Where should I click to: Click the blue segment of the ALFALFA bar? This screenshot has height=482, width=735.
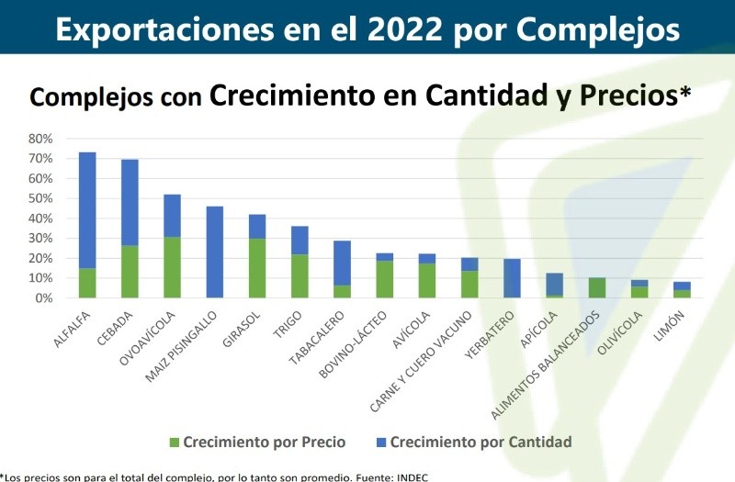(x=87, y=210)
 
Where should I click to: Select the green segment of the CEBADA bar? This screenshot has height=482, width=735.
(x=130, y=272)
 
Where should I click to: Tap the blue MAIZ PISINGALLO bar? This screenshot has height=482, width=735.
(x=215, y=252)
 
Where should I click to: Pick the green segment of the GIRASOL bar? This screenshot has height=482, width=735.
(x=257, y=268)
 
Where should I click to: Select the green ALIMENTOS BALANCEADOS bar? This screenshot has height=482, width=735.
(x=596, y=287)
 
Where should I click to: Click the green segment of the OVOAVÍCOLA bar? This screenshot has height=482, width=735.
(x=172, y=267)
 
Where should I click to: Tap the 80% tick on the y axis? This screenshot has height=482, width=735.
(x=40, y=139)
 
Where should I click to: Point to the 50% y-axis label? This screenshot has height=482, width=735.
(x=40, y=198)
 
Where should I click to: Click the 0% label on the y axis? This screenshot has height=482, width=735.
(x=44, y=298)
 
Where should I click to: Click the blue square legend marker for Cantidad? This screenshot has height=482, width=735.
(x=379, y=443)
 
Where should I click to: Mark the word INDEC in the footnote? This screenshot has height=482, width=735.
(x=410, y=476)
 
